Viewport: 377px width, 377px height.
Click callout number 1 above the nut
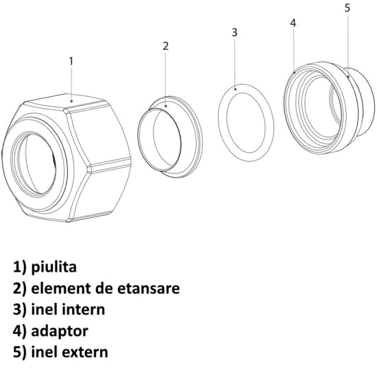71,62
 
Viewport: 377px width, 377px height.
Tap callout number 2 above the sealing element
166,46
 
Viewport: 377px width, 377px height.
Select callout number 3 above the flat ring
235,33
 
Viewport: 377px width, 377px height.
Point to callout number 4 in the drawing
293,23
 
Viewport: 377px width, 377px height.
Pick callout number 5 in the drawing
347,8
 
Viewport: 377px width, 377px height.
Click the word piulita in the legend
54,267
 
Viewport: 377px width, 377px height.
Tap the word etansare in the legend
149,289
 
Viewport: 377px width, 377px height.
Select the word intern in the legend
83,309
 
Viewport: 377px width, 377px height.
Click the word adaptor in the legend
59,331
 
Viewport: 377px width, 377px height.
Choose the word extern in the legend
85,352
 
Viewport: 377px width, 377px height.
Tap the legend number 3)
19,310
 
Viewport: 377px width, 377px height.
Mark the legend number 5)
19,352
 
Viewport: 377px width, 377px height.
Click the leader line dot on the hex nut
71,101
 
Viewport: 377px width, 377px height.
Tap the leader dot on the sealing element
166,106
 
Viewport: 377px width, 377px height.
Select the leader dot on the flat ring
236,89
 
